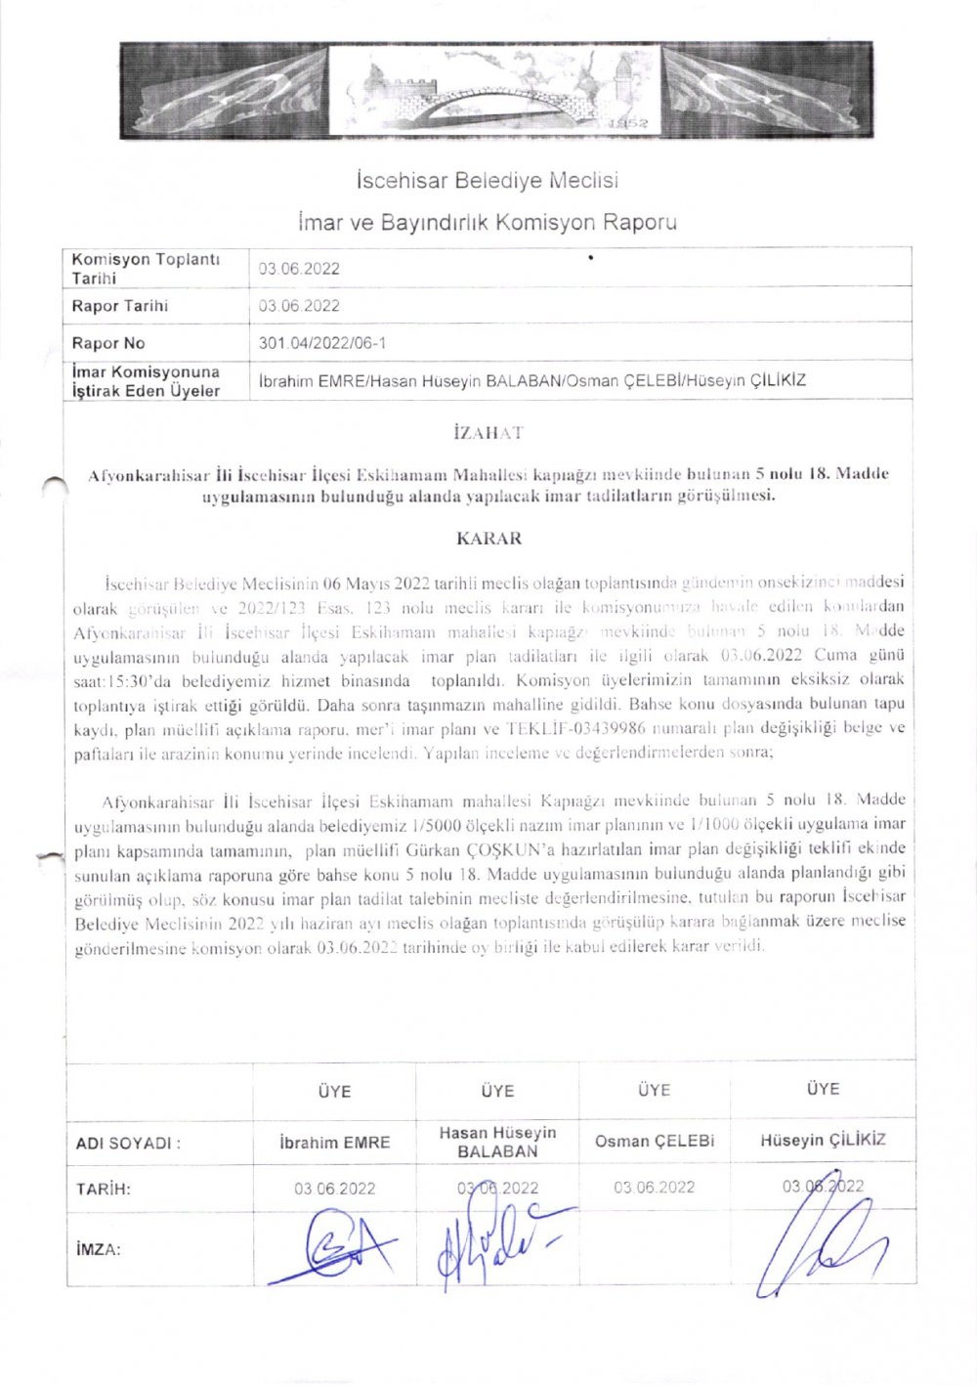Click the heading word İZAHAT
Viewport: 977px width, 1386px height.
coord(488,433)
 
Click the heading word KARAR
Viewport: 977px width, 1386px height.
coord(488,539)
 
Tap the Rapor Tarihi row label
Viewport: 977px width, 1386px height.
coord(119,306)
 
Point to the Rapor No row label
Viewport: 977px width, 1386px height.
coord(107,343)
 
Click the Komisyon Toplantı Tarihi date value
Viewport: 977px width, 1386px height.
coord(299,269)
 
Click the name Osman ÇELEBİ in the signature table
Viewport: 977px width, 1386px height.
coord(655,1141)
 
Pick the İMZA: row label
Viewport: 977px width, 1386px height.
coord(98,1249)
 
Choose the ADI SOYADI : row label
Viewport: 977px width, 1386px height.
coord(128,1143)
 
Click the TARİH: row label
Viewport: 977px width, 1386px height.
coord(104,1190)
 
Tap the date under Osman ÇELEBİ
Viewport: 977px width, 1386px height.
coord(655,1188)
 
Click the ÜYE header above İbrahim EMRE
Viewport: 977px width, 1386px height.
coord(334,1091)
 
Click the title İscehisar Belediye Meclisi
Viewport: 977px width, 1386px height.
coord(487,181)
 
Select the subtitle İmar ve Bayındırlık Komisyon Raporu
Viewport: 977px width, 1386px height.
coord(487,223)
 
